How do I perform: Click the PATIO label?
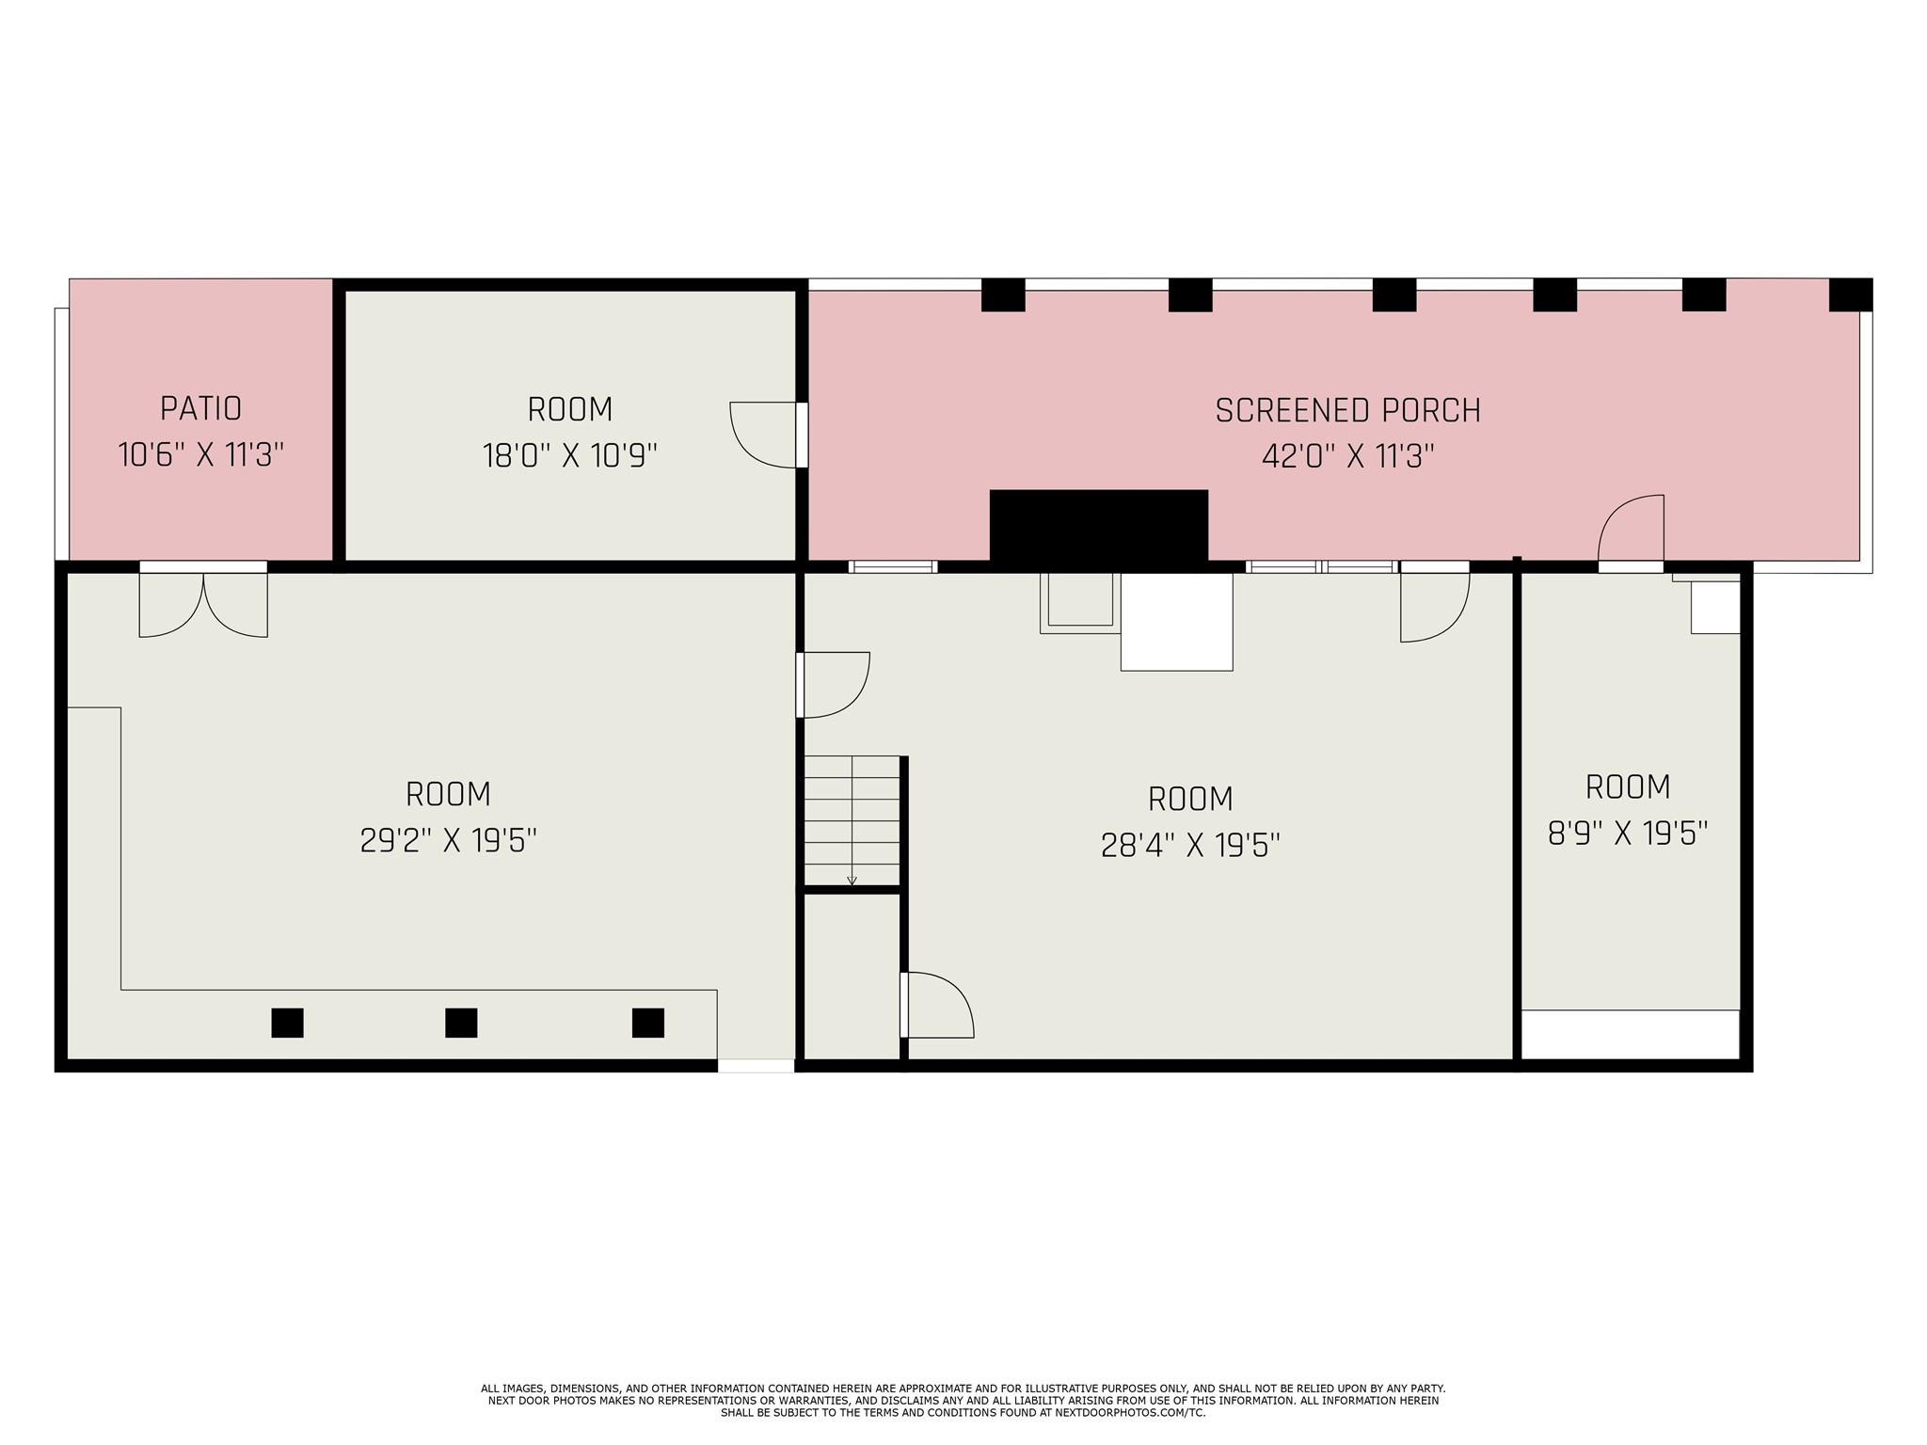[200, 408]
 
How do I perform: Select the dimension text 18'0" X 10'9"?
[569, 456]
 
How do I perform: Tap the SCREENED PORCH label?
[1347, 411]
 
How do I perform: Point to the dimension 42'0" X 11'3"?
[1347, 457]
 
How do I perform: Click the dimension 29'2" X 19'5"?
[448, 840]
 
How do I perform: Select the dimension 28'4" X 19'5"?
[1190, 845]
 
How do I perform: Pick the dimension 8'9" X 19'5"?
[1628, 833]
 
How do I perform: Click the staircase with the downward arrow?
[852, 820]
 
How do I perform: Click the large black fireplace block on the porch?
[1098, 527]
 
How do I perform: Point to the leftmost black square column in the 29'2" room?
[287, 1023]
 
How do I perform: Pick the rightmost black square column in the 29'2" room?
[647, 1023]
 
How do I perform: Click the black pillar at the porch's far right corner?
[1850, 294]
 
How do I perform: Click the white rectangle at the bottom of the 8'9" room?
[1630, 1034]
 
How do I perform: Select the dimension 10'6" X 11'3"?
[200, 455]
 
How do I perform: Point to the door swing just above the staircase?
[834, 684]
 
